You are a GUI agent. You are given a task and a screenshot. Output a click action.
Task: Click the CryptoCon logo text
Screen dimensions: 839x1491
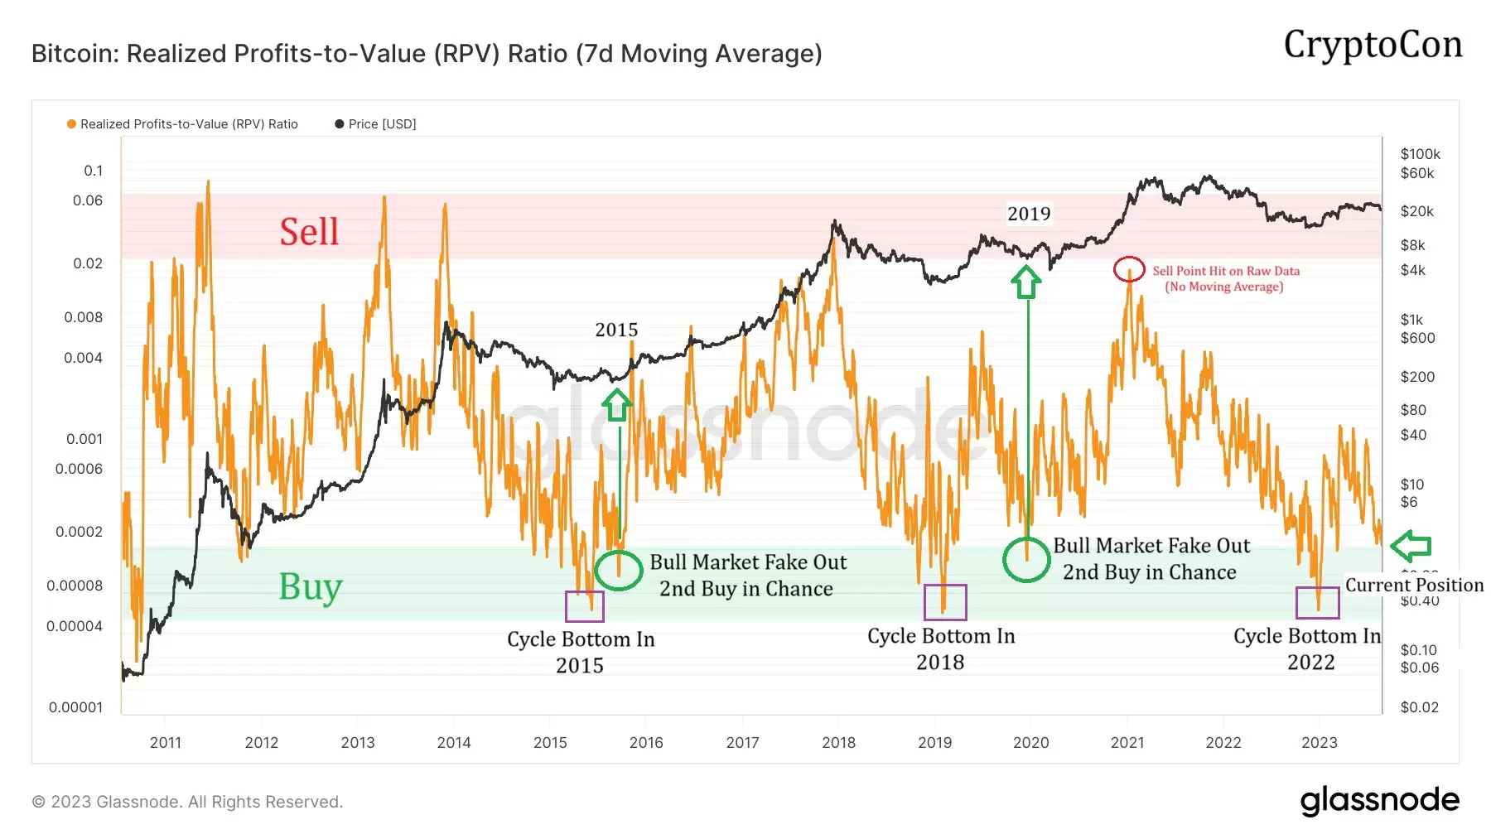point(1373,45)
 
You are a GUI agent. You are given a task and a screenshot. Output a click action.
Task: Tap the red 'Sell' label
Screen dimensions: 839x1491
point(309,232)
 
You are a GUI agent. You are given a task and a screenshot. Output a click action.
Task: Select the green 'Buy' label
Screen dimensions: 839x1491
point(311,587)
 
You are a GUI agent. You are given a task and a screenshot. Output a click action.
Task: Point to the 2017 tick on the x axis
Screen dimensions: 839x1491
point(742,743)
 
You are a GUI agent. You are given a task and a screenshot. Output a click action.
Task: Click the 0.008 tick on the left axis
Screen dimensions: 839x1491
point(84,317)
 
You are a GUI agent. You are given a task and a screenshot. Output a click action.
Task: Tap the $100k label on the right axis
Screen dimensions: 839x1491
point(1420,154)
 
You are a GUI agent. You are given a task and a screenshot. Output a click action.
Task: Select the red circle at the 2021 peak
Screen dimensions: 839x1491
point(1128,269)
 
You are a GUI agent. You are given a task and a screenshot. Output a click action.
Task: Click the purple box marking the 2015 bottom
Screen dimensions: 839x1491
point(584,606)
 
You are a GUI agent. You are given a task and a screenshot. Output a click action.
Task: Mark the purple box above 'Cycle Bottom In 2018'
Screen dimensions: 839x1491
point(945,602)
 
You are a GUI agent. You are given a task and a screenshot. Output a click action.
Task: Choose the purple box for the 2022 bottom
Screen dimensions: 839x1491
point(1317,603)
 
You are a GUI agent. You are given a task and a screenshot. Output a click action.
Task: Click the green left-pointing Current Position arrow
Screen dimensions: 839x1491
point(1411,546)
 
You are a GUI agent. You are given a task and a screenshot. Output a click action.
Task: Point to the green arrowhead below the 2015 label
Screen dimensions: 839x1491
point(617,405)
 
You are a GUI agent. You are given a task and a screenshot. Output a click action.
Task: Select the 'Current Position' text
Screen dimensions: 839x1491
point(1414,586)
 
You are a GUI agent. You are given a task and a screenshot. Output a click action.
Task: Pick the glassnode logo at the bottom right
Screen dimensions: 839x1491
point(1379,801)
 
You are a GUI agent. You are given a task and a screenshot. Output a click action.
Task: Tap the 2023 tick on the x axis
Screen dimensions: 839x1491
point(1319,743)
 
